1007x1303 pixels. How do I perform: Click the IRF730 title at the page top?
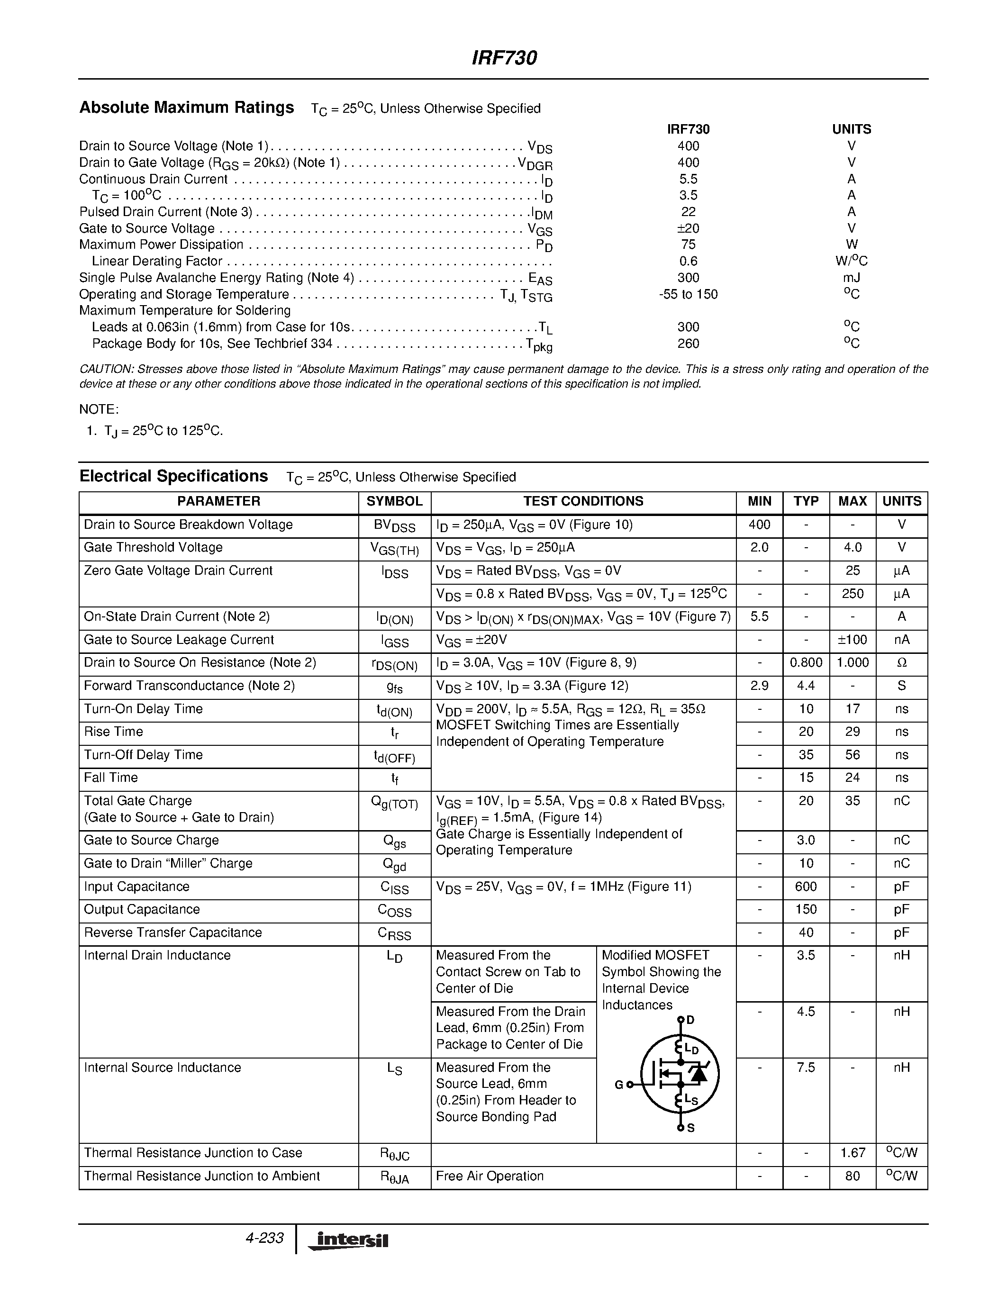(504, 58)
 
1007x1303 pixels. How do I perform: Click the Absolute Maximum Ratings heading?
(187, 108)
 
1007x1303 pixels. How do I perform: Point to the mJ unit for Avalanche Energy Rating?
(851, 278)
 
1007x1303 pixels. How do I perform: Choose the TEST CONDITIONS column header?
(583, 501)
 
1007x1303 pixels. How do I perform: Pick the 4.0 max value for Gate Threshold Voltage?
(853, 548)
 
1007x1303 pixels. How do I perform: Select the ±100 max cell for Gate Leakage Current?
(853, 640)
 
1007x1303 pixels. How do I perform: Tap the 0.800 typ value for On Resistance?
(806, 663)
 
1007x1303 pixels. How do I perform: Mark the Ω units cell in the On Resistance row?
(901, 663)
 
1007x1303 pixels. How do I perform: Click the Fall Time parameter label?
(111, 778)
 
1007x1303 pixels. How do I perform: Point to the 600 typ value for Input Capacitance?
(806, 887)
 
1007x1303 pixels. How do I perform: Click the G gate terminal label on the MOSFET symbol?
(618, 1085)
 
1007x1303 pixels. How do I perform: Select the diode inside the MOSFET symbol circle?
(698, 1074)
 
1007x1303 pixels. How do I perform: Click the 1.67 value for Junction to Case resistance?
(853, 1153)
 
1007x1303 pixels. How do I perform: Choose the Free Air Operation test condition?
(490, 1176)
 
